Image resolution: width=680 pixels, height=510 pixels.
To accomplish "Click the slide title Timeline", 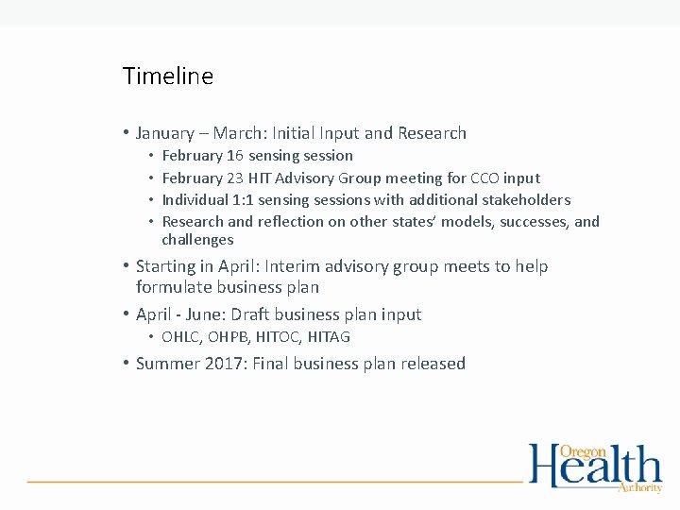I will (168, 76).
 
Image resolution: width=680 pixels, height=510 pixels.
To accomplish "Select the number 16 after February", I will (235, 155).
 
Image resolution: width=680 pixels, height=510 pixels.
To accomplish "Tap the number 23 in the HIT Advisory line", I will (235, 178).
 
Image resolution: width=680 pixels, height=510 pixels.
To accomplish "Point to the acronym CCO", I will (486, 178).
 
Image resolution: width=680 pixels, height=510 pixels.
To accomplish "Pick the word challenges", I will (197, 240).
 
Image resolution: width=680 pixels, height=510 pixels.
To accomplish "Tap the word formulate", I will (173, 287).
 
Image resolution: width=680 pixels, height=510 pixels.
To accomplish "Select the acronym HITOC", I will (273, 337).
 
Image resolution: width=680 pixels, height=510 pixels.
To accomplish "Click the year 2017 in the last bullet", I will (224, 364).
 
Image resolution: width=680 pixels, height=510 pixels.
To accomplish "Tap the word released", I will (432, 364).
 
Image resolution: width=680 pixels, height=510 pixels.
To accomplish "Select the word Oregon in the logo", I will (584, 451).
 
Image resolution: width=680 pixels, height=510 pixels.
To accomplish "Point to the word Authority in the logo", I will (639, 487).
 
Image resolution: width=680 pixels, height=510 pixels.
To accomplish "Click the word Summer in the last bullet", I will (166, 364).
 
